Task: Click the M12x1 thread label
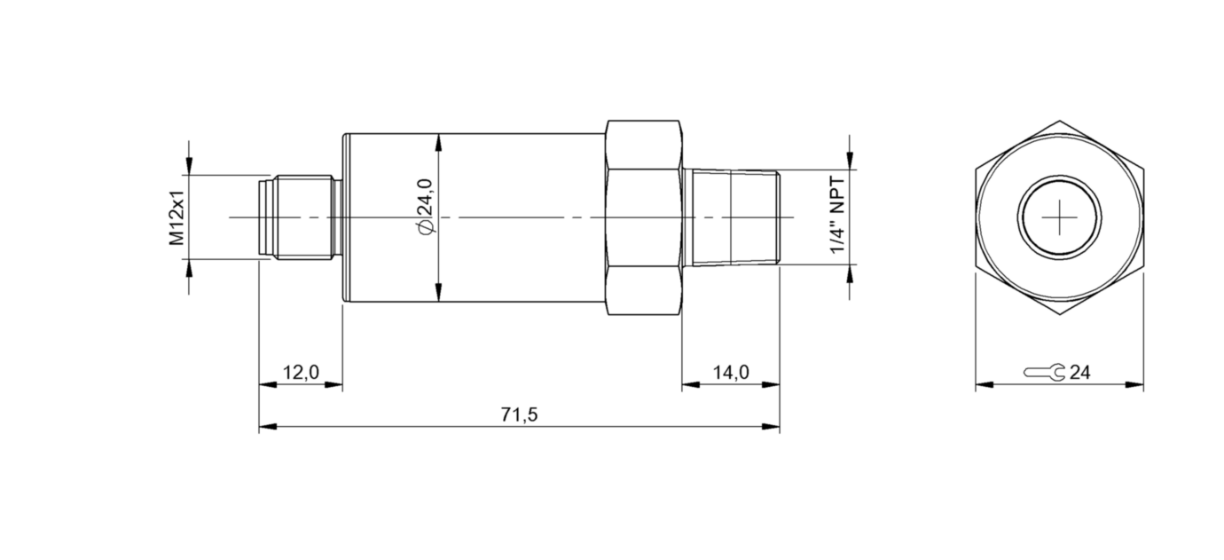177,217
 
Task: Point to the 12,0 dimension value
301,372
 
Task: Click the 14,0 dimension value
731,372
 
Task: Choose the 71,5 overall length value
520,414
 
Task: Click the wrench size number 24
1079,372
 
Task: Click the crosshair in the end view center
1060,217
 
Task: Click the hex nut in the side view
644,217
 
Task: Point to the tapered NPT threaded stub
733,217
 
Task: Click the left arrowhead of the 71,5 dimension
265,428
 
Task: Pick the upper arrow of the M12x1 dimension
189,168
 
